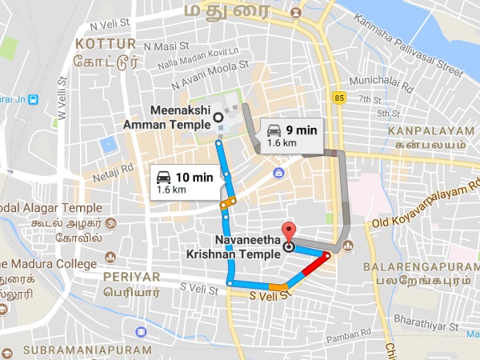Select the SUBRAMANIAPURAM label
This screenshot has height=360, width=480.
pos(88,350)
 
